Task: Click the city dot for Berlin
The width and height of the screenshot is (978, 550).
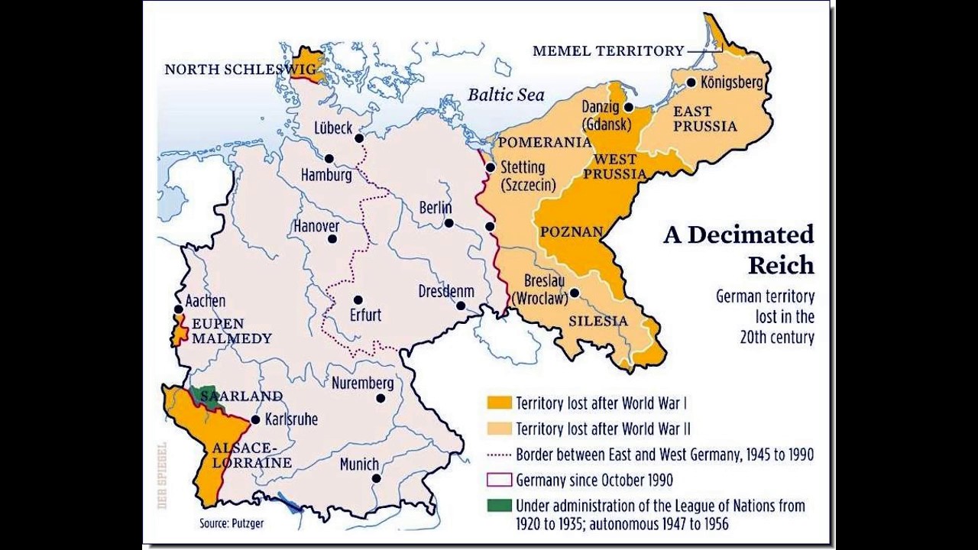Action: (449, 223)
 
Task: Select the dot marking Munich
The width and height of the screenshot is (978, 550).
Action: (376, 478)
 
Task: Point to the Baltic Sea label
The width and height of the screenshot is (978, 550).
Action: (506, 95)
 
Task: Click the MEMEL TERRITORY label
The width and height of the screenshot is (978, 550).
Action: (608, 51)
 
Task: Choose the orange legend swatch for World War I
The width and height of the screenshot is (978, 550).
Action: (499, 403)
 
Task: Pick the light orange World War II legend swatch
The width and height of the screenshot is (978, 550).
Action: (499, 429)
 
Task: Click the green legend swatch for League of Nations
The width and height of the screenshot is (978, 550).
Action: (499, 506)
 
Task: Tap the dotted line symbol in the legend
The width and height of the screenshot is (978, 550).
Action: (499, 455)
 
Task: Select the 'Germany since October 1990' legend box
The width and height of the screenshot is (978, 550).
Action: (499, 480)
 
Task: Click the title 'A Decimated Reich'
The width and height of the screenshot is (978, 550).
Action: (740, 249)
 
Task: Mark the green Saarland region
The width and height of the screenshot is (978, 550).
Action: (203, 394)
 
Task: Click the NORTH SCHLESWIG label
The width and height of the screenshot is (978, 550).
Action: (240, 70)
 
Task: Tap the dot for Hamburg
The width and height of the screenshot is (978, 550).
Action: (329, 159)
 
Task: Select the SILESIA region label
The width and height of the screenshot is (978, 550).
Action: (598, 321)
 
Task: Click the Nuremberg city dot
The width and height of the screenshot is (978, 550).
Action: (381, 398)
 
